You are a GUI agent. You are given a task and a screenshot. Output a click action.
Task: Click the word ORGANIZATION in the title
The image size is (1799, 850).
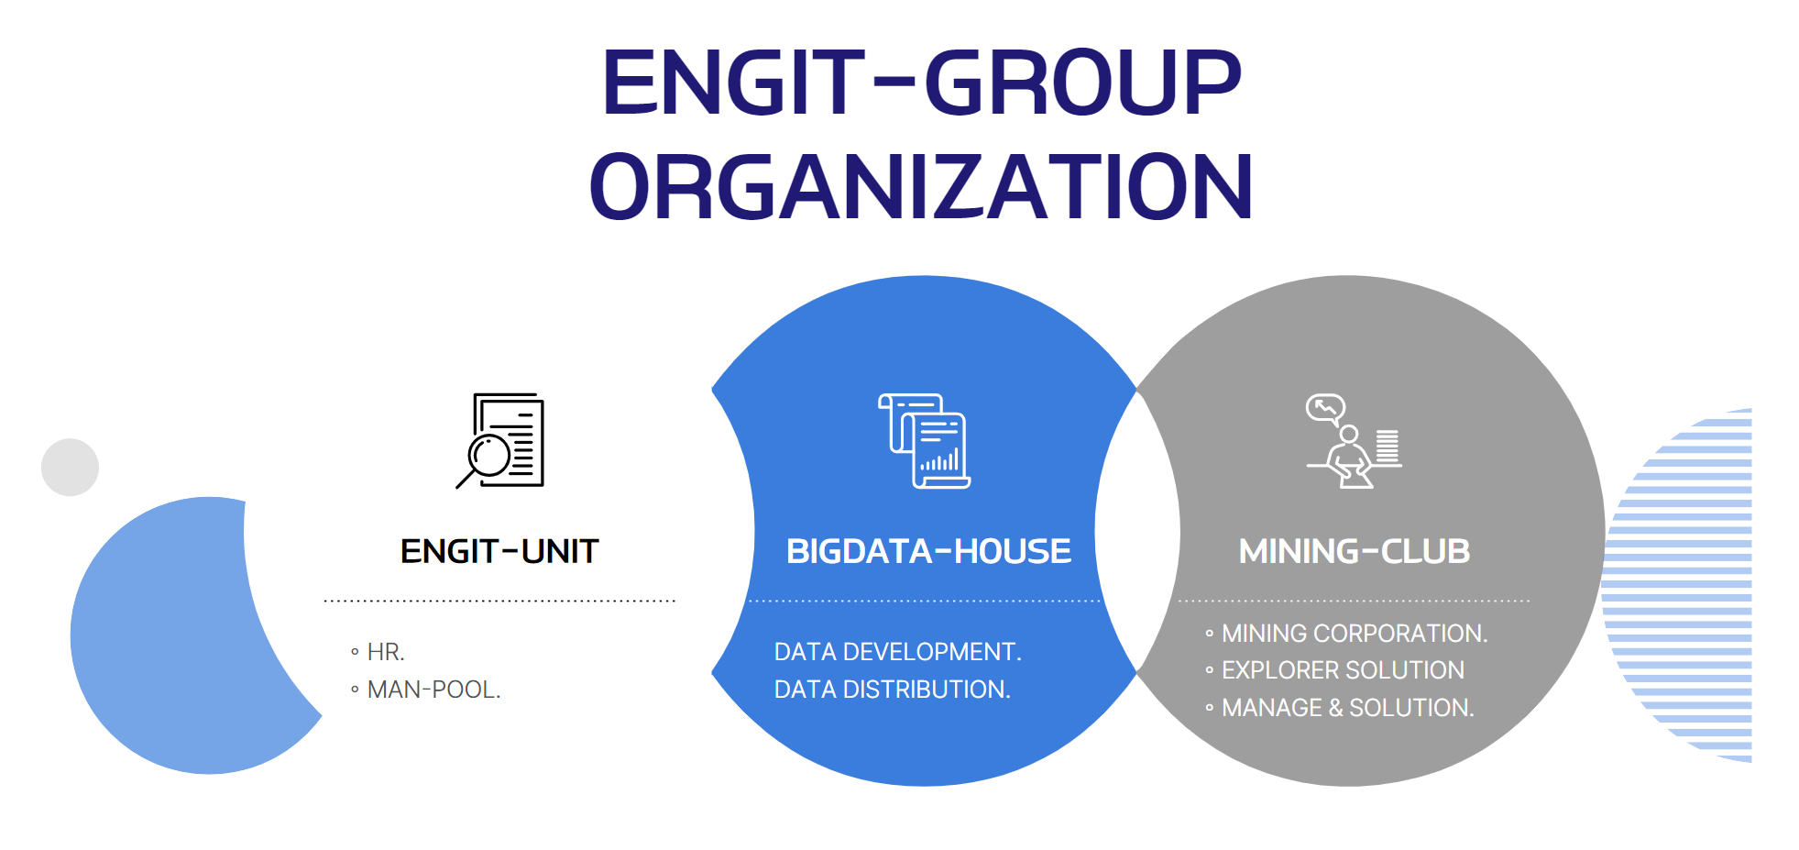(x=921, y=187)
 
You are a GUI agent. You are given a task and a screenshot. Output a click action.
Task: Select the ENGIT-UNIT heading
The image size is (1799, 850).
(x=499, y=551)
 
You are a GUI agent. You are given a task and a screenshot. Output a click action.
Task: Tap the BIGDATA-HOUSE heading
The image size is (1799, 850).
(x=928, y=551)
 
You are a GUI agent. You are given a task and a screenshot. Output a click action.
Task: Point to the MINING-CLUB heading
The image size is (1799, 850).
(x=1354, y=551)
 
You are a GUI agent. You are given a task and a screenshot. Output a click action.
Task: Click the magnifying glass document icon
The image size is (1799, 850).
(x=500, y=441)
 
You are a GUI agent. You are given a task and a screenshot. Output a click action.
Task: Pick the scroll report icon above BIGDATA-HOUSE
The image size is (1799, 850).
(x=924, y=441)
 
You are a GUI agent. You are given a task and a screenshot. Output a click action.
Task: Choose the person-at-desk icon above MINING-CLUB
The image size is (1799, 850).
(x=1354, y=441)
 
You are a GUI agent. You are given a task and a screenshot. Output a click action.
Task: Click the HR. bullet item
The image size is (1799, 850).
(x=378, y=652)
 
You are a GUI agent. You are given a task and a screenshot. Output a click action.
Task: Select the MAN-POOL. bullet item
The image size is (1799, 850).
(x=425, y=690)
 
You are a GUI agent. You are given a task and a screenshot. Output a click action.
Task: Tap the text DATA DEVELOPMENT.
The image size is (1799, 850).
(x=897, y=652)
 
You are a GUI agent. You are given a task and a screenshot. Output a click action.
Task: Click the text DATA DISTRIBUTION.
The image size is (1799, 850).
(x=892, y=690)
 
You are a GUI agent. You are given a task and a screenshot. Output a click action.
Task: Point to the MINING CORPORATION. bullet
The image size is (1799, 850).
(x=1346, y=634)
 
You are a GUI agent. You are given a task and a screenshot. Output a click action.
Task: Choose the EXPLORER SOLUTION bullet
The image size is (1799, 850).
(x=1334, y=670)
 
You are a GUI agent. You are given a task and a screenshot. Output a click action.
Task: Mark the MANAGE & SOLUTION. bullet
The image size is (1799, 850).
(x=1339, y=708)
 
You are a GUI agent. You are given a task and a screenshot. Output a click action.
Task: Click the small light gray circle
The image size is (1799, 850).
(x=70, y=468)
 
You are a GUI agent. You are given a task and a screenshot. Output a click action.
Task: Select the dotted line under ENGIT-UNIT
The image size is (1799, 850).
(x=499, y=602)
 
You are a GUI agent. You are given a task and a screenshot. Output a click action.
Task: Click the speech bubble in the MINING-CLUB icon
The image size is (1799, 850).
(x=1325, y=408)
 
